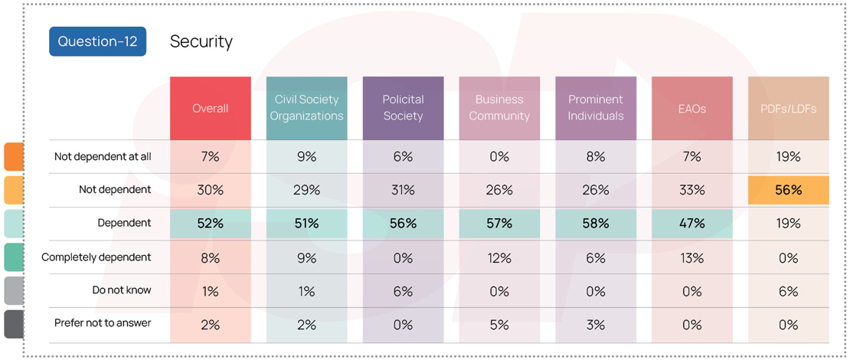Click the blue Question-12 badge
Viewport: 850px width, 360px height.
click(97, 41)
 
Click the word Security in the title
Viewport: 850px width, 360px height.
click(201, 41)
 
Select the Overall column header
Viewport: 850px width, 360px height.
click(211, 108)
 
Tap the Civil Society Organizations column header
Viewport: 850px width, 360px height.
click(306, 108)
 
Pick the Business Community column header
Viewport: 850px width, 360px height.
click(499, 108)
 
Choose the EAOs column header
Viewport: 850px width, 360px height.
click(691, 108)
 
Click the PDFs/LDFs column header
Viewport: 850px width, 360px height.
click(788, 108)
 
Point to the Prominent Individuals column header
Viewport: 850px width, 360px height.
click(596, 108)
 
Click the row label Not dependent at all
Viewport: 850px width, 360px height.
click(103, 156)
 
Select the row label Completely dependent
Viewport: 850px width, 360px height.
click(96, 257)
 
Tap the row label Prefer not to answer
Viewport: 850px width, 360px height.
click(103, 323)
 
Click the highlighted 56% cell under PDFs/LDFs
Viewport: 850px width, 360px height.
click(788, 190)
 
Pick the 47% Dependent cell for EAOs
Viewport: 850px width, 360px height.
click(691, 224)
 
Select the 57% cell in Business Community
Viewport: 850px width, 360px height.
click(499, 224)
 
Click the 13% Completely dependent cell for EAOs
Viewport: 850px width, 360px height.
click(691, 258)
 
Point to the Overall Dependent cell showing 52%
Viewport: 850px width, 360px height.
click(211, 224)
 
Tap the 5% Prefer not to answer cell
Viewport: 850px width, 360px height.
click(499, 325)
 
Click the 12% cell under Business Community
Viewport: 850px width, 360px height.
click(499, 258)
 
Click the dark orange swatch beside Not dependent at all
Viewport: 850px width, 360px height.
click(14, 156)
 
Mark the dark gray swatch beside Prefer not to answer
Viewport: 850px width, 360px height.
click(14, 323)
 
